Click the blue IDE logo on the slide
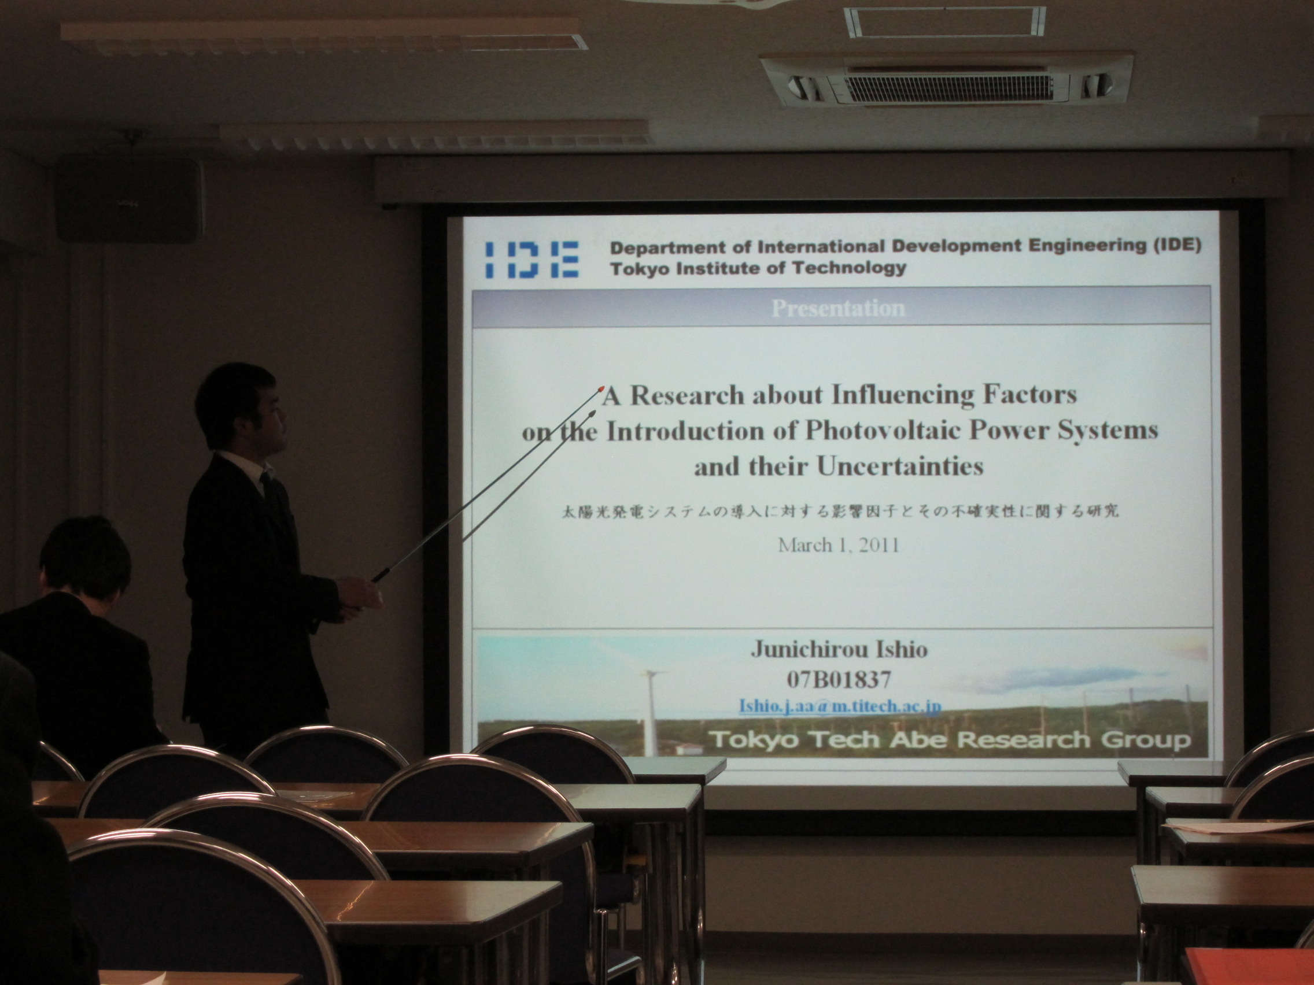coord(531,260)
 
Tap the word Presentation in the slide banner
coord(837,308)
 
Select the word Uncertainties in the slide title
coord(900,466)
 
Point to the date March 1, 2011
coord(838,545)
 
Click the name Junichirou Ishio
coord(839,649)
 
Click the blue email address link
coord(839,706)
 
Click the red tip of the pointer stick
coord(601,389)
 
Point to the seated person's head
coord(85,560)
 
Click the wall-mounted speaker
coord(129,198)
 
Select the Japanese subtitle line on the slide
coord(840,511)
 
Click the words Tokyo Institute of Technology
coord(758,268)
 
